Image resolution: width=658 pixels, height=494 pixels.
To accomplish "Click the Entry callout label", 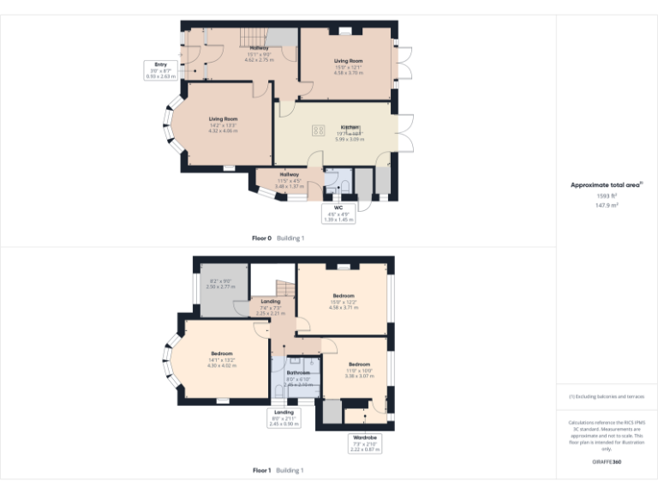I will tap(161, 64).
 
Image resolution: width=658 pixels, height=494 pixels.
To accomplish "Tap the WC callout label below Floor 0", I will tap(338, 208).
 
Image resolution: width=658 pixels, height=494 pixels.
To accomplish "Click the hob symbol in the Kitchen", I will tap(319, 131).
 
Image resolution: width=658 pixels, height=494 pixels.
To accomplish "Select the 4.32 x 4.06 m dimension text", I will tap(223, 130).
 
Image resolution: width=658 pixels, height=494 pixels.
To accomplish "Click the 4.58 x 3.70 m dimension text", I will tap(349, 73).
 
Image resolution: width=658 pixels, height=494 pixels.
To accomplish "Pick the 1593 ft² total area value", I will tap(607, 196).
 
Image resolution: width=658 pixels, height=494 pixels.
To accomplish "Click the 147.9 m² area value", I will tap(607, 205).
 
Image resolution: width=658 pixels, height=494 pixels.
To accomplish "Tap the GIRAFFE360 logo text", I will tap(606, 462).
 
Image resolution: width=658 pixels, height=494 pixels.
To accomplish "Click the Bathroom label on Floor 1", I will tap(299, 372).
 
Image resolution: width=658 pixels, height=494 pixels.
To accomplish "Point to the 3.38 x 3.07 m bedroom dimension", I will tap(358, 376).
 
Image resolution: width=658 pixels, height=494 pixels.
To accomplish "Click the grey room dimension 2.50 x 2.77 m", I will tap(220, 286).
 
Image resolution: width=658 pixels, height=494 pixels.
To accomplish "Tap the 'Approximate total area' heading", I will tap(606, 184).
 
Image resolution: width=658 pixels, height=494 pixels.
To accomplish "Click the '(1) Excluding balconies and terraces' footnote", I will tap(606, 397).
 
